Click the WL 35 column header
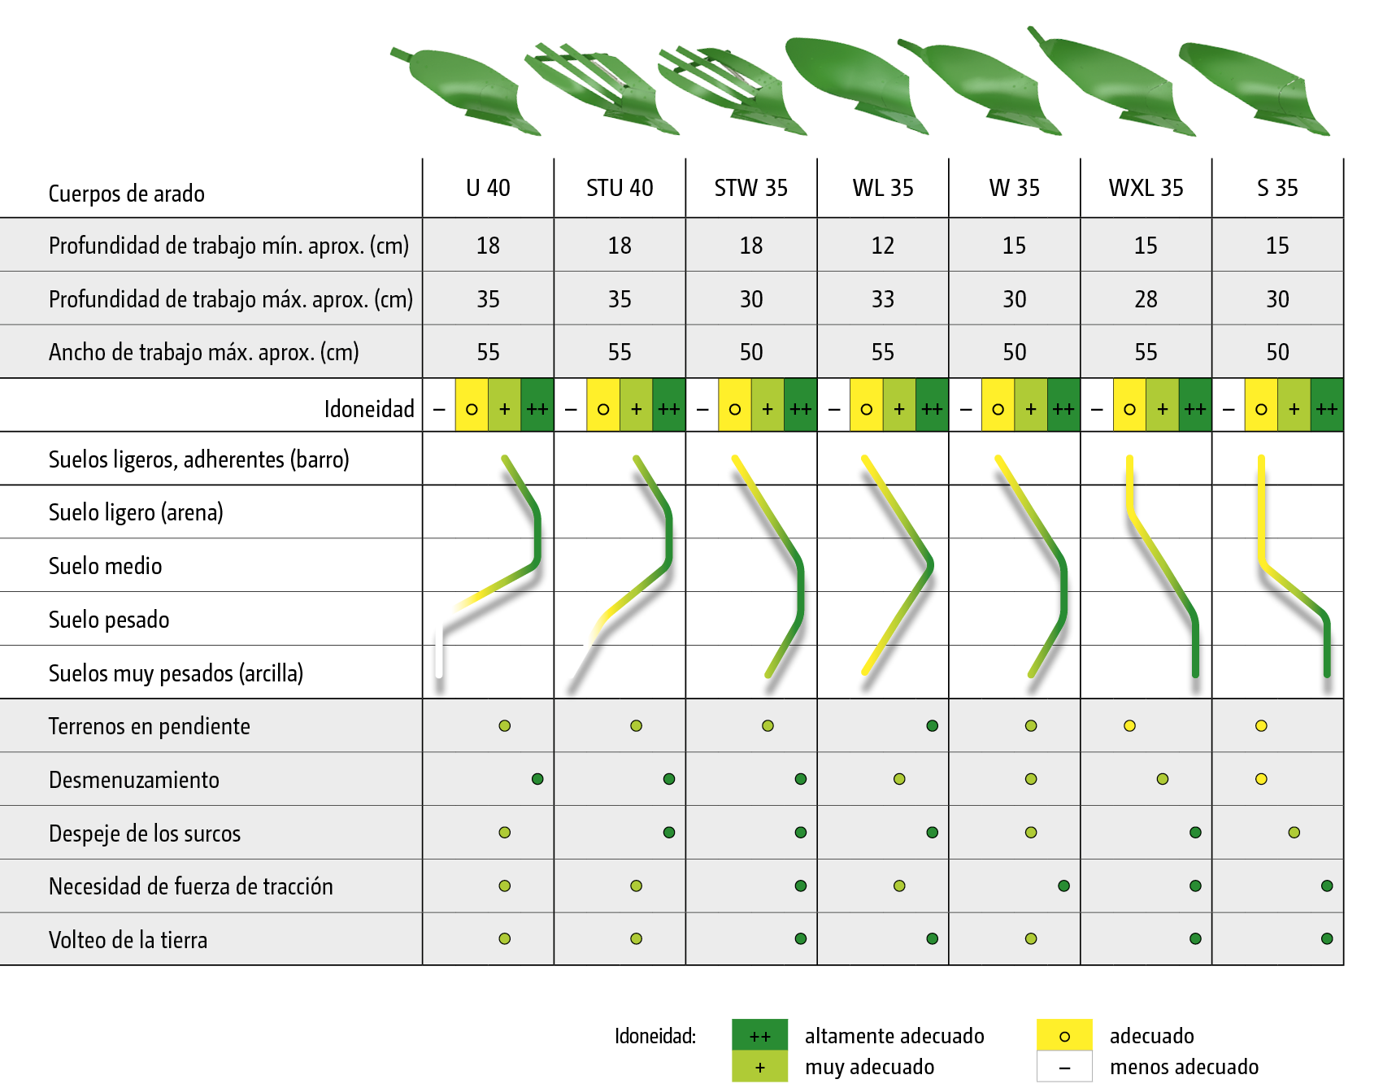pos(882,188)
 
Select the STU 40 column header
pos(620,188)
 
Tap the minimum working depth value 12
pos(882,246)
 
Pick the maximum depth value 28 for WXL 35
pos(1146,299)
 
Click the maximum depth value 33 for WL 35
pos(882,299)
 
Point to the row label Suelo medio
pos(106,566)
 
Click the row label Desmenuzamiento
pos(134,780)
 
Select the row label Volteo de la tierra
pos(128,940)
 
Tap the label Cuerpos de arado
pos(126,194)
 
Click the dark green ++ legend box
pos(759,1035)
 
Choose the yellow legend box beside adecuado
pos(1064,1035)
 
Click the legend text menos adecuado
pos(1184,1067)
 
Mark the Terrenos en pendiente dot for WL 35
pos(932,725)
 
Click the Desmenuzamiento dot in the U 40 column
pos(537,779)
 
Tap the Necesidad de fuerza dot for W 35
pos(1063,886)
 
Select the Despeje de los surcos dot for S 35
pos(1294,833)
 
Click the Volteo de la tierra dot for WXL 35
pos(1195,938)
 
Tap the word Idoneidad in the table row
pos(369,408)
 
